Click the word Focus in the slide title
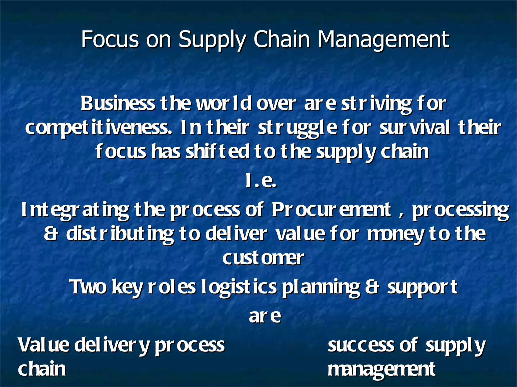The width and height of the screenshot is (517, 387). [x=110, y=39]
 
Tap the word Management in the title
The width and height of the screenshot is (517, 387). [x=383, y=40]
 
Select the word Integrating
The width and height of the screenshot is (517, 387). [x=75, y=210]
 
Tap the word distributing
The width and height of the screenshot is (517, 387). [x=120, y=234]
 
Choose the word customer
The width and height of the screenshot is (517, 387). [x=263, y=258]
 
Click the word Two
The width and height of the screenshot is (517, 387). [x=88, y=287]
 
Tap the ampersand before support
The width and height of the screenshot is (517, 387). [x=372, y=287]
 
